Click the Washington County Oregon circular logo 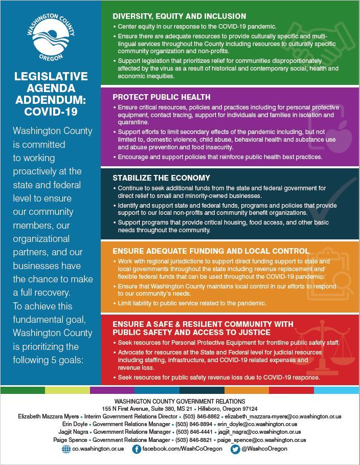tap(51, 37)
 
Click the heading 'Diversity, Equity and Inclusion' tap(179, 16)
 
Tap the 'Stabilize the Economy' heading tap(161, 178)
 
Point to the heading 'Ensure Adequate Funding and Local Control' tap(211, 251)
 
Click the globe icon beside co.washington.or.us tap(66, 449)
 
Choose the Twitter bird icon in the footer tap(235, 449)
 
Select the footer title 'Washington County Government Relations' tap(179, 402)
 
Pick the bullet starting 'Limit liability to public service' tap(192, 303)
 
